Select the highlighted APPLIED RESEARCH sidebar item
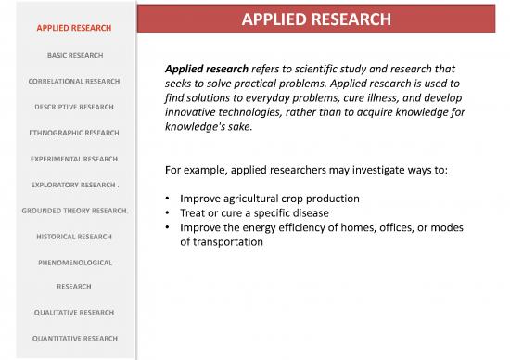70,28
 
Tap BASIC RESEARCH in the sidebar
70,56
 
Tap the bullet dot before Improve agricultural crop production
165,199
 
